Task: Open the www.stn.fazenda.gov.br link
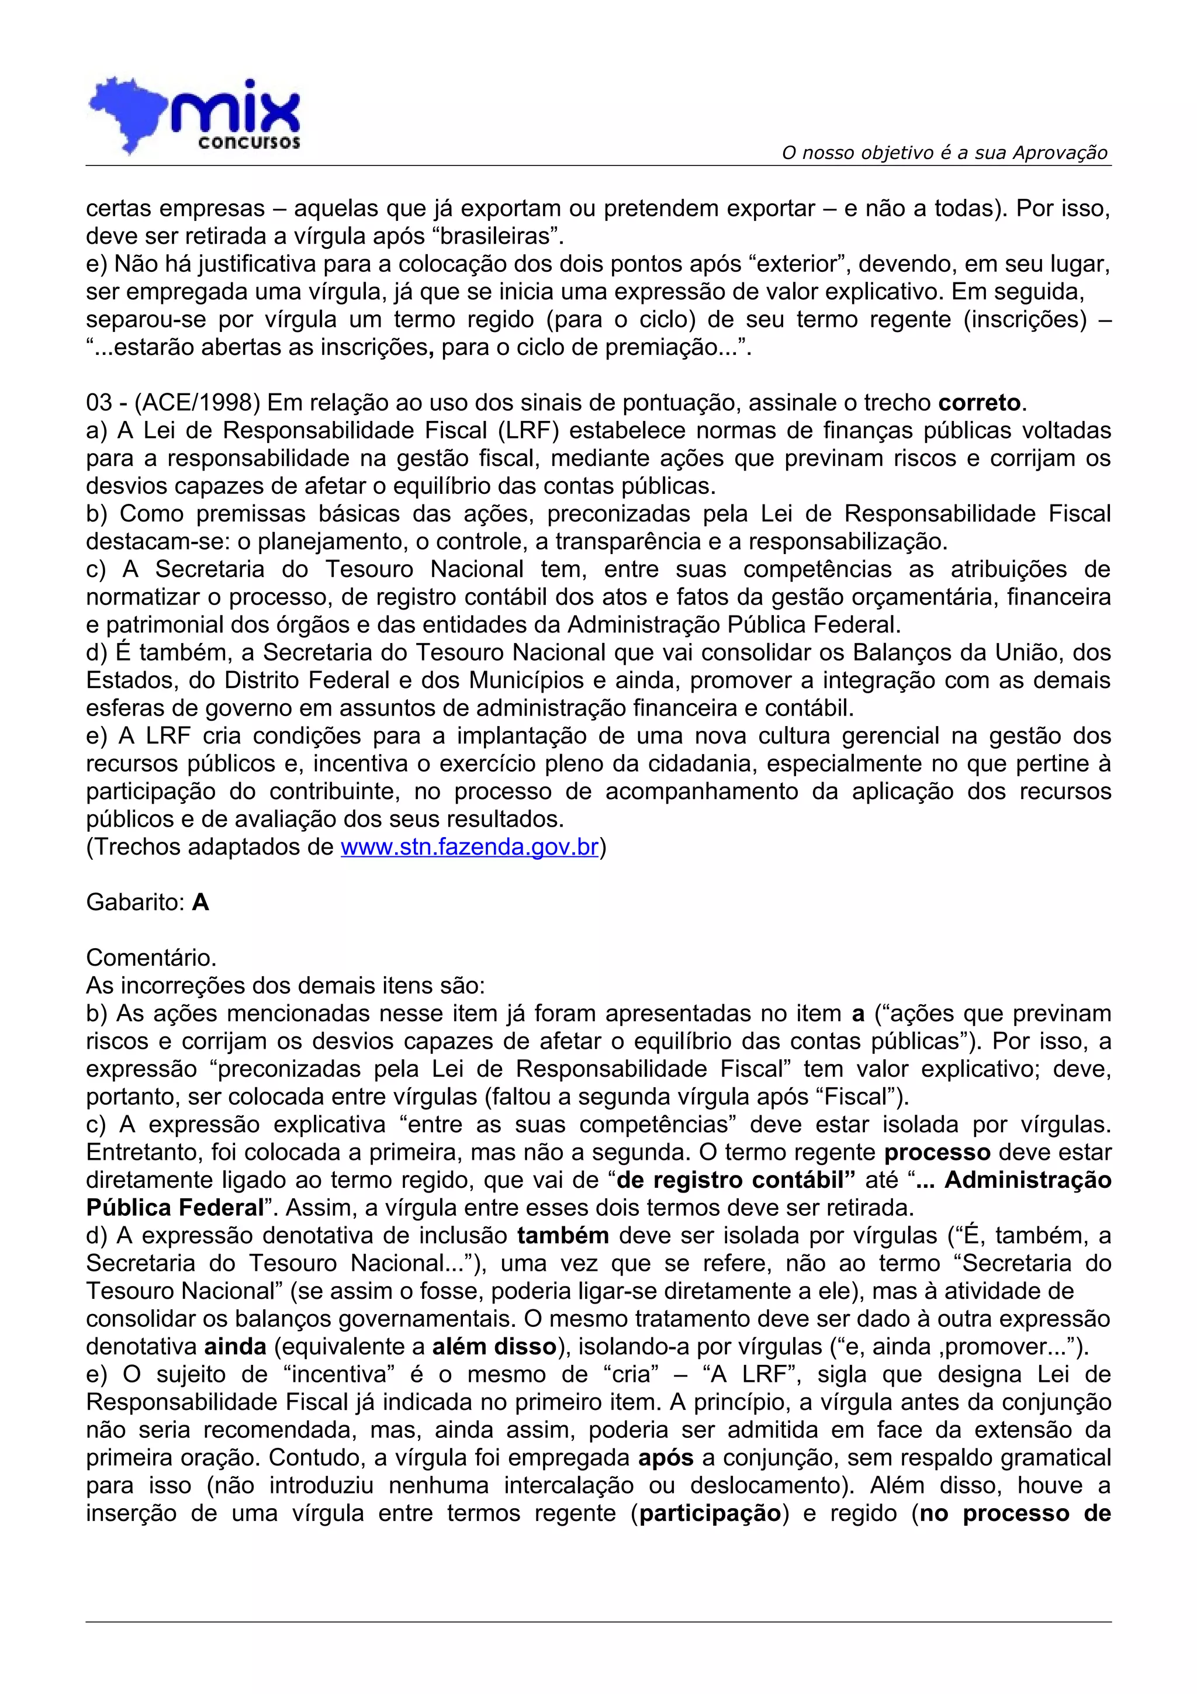(x=469, y=846)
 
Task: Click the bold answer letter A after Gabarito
(x=200, y=903)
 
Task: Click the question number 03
(x=99, y=403)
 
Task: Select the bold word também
(x=563, y=1235)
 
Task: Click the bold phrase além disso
(x=494, y=1347)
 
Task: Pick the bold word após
(x=666, y=1458)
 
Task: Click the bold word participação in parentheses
(x=710, y=1513)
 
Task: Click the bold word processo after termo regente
(x=937, y=1152)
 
